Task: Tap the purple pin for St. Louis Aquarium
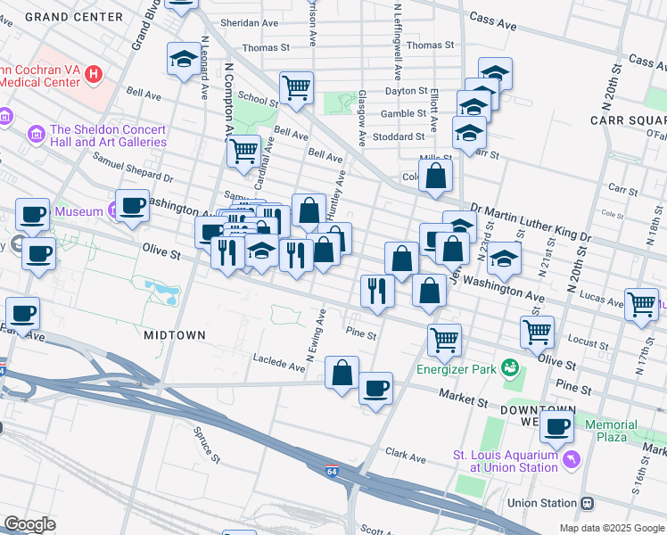point(571,460)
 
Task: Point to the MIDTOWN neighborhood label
point(175,334)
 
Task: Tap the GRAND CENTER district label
point(74,17)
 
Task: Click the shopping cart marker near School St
point(296,87)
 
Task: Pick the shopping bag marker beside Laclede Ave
point(342,372)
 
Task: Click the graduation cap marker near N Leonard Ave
point(184,59)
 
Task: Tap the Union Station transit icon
point(587,503)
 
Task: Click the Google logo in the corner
point(29,523)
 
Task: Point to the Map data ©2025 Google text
point(611,527)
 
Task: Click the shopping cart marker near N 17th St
point(640,304)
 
